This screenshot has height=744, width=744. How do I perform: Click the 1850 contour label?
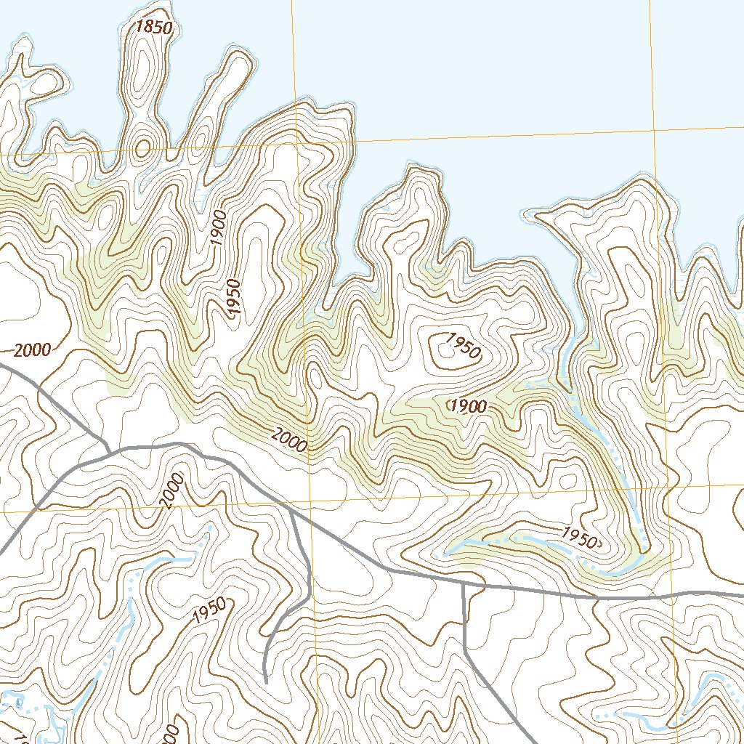click(x=153, y=28)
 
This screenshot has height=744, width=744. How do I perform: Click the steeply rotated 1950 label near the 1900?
click(x=233, y=296)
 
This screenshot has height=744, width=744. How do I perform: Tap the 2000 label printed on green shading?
click(x=290, y=440)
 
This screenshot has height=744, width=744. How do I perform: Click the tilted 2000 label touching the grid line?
click(x=171, y=490)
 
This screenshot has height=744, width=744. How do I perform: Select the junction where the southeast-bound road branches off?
click(x=463, y=583)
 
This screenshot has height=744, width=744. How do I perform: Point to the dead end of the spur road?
click(x=266, y=682)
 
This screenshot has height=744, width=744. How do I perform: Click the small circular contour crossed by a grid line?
click(x=142, y=148)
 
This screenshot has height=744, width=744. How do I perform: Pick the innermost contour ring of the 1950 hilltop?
click(x=445, y=350)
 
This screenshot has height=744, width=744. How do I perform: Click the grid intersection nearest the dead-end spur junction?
click(x=310, y=501)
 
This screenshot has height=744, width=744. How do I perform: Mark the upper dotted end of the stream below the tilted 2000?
click(x=210, y=527)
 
